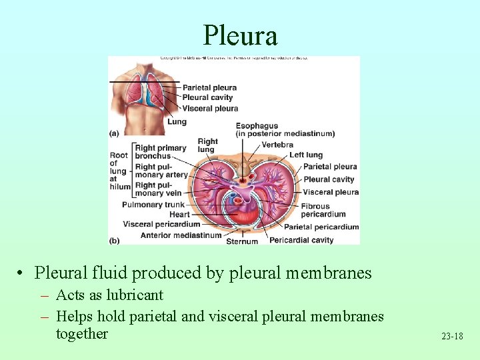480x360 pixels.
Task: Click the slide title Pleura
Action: tap(240, 35)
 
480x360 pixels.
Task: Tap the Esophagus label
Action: tap(257, 125)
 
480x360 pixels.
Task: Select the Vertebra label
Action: tap(277, 145)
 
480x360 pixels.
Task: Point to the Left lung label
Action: tap(305, 155)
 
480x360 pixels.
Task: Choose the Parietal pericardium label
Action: tap(321, 227)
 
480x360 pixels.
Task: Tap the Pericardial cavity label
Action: tap(301, 240)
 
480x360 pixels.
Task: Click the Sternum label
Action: tap(241, 241)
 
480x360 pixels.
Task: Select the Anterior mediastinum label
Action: tap(181, 235)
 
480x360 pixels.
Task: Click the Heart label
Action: tap(179, 215)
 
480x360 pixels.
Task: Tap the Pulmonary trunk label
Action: tap(153, 205)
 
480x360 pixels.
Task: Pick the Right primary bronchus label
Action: tap(161, 152)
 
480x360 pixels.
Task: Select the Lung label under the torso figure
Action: tap(177, 122)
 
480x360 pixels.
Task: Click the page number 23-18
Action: tap(451, 336)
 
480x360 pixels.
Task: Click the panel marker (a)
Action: tap(114, 133)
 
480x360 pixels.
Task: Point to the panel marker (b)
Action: tap(114, 240)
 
